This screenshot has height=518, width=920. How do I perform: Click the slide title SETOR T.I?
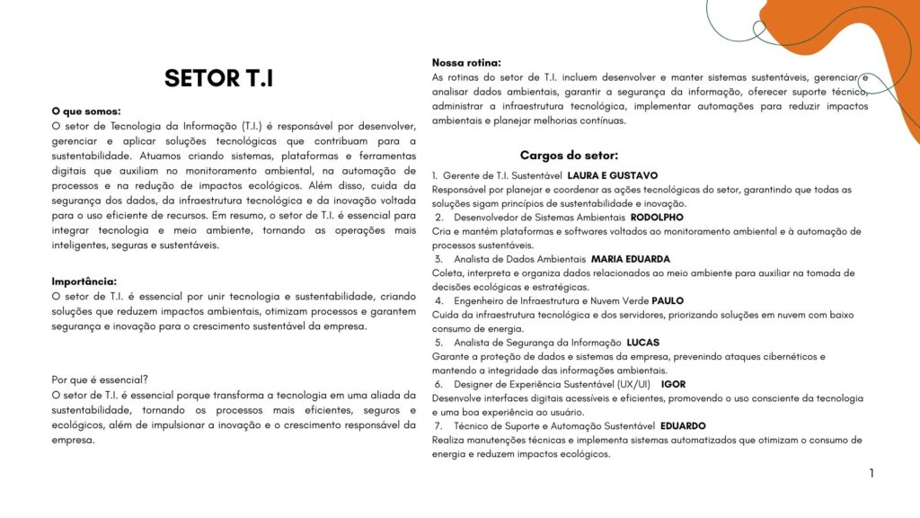218,79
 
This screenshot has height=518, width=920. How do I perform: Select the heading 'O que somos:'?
86,112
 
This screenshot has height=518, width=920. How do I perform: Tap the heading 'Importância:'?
84,281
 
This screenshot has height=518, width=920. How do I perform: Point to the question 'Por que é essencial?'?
101,380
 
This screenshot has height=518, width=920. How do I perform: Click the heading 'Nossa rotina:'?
466,62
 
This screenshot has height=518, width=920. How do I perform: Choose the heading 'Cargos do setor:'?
569,155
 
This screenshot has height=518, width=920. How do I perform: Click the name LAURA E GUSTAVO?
613,175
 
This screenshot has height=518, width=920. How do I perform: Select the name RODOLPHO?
657,218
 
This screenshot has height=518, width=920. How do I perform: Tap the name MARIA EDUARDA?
631,259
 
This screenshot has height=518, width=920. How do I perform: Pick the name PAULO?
668,300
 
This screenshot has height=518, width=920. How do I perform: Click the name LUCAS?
642,343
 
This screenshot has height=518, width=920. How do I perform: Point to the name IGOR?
673,384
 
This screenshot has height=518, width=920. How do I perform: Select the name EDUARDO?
683,425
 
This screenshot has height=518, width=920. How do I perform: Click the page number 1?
871,473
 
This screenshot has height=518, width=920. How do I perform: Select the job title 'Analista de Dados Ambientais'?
519,259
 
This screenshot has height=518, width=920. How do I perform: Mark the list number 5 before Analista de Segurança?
438,343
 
